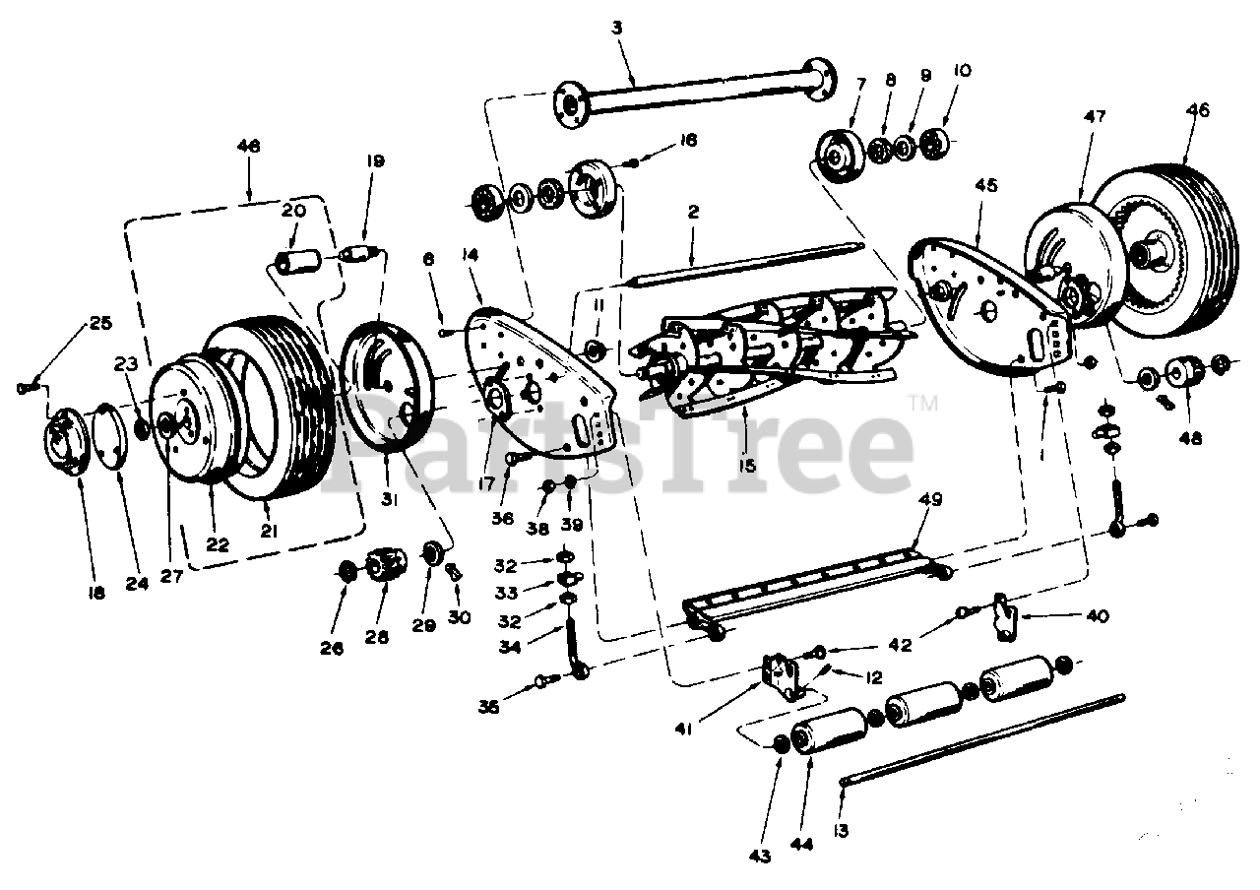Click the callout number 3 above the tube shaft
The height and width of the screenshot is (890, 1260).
tap(617, 29)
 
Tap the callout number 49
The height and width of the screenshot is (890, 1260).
tap(930, 499)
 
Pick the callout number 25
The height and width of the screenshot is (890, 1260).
tap(101, 322)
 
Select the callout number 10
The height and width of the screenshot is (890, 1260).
tap(962, 70)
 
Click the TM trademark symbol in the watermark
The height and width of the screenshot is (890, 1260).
tap(922, 402)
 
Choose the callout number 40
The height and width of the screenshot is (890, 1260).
tap(1097, 616)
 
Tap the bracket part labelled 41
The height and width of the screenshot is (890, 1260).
tap(784, 677)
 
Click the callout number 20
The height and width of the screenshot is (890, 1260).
tap(293, 210)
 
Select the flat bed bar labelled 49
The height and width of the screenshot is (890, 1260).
tap(817, 591)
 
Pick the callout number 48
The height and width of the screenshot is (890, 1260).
tap(1191, 440)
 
